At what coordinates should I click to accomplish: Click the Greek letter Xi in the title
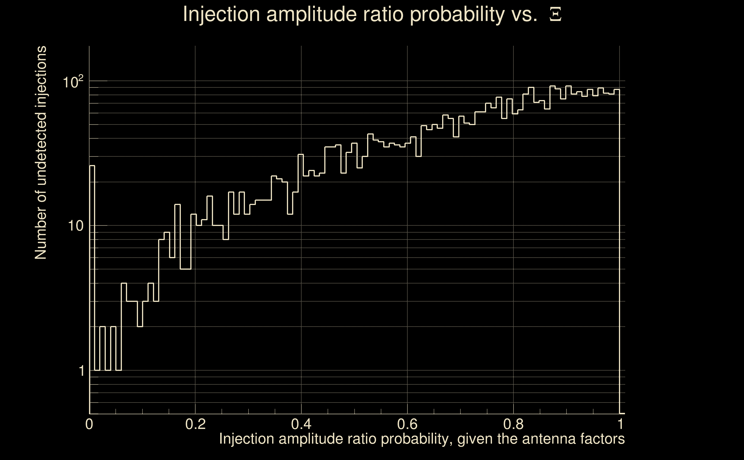pyautogui.click(x=555, y=15)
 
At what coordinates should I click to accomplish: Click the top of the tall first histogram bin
pyautogui.click(x=92, y=166)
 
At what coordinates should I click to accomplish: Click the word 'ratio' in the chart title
pyautogui.click(x=383, y=15)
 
